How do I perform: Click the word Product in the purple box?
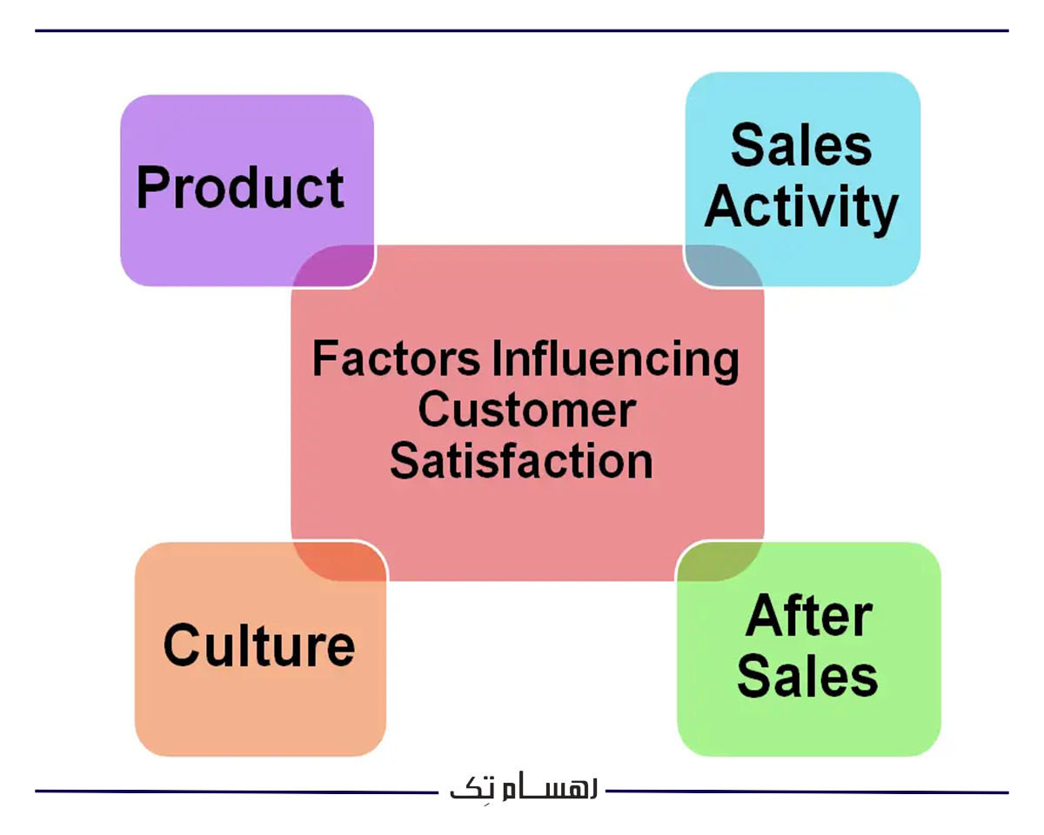click(x=240, y=188)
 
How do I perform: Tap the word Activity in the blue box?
click(x=801, y=209)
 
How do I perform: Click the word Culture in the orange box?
click(x=259, y=645)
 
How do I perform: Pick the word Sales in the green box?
click(x=808, y=676)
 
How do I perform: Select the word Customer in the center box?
click(x=526, y=410)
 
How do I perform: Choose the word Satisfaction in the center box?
click(x=521, y=461)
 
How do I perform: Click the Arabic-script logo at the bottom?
click(x=523, y=788)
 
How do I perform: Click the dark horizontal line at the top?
click(x=522, y=31)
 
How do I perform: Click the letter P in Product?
click(x=153, y=188)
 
